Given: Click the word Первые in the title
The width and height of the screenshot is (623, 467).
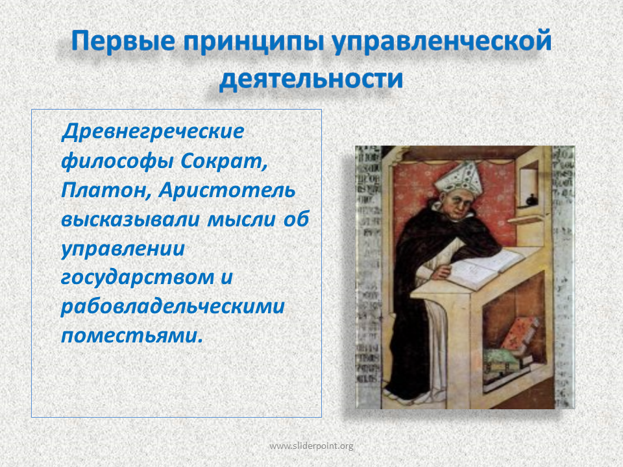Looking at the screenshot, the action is point(123,42).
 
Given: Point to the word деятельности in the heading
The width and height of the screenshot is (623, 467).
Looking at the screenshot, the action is point(311,78).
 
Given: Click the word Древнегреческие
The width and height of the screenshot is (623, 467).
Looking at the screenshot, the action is point(153,132).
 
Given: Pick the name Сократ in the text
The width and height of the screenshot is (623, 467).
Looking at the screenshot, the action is point(224,161).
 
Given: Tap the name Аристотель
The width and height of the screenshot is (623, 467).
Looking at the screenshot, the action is point(227,190).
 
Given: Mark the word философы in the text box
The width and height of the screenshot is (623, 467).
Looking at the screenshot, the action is point(117,162).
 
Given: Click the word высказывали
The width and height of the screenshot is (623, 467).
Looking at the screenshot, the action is point(130,220).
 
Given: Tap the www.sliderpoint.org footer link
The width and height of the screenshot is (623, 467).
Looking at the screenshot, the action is point(311,446).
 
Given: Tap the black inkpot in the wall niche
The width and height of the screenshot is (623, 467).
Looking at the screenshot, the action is point(530,200).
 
